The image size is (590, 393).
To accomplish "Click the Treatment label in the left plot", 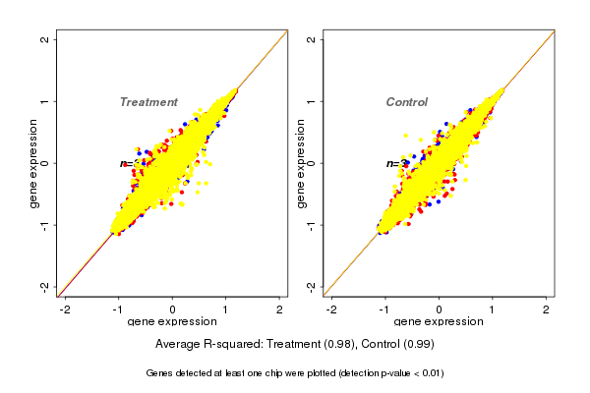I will click(148, 102).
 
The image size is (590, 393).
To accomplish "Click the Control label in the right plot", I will click(407, 102).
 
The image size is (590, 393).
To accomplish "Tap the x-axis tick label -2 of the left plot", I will click(66, 309).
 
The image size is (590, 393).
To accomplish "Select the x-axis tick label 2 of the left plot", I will click(280, 309).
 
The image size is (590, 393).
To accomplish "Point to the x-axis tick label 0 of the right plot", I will click(439, 309).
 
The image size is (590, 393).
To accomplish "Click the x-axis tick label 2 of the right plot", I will click(547, 309).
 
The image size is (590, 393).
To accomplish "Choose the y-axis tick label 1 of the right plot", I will click(312, 101).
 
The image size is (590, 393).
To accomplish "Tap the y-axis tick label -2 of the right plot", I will click(312, 286).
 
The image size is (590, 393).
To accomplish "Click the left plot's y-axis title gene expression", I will click(33, 163).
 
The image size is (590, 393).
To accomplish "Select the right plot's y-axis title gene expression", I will click(300, 163).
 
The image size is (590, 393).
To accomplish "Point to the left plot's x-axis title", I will click(173, 322).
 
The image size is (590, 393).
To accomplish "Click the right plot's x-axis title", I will click(439, 322).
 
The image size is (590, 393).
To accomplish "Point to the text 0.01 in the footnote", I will click(429, 373).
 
